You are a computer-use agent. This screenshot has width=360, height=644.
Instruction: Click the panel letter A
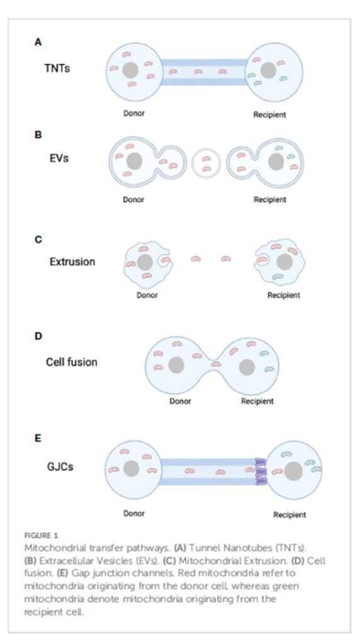[38, 42]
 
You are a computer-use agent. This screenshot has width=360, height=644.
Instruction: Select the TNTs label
[57, 68]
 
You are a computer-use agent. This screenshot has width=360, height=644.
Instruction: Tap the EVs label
[59, 158]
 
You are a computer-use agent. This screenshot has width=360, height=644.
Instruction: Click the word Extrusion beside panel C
[72, 262]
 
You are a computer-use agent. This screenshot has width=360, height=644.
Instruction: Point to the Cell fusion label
[72, 362]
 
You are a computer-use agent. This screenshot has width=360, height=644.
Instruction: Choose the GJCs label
[60, 467]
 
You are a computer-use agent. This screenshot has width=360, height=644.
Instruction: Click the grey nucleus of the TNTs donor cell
[130, 70]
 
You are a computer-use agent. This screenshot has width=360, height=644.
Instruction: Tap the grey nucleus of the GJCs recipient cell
[293, 470]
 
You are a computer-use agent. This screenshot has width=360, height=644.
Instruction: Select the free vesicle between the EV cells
[206, 163]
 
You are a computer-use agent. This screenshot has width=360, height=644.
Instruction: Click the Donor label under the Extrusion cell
[147, 295]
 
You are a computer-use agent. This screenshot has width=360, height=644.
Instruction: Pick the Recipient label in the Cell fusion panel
[257, 401]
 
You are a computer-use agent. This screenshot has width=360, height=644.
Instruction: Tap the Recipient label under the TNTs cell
[269, 114]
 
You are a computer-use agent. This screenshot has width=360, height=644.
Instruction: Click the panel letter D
[38, 336]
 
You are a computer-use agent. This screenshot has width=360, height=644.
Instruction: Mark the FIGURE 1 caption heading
[41, 536]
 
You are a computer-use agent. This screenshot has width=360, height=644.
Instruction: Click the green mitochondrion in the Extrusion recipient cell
[278, 277]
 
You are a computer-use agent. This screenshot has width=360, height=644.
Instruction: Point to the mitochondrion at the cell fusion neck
[216, 364]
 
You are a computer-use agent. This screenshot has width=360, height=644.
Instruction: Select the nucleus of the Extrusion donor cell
[145, 262]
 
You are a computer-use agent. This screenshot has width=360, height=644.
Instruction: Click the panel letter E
[38, 438]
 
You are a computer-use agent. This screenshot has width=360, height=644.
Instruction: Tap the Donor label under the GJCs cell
[134, 513]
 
